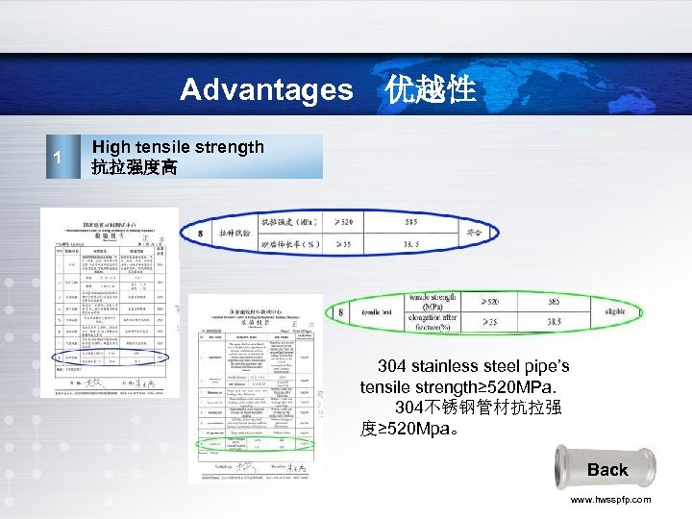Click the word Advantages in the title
coord(266,90)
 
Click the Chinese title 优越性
coord(431,90)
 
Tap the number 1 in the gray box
coord(58,158)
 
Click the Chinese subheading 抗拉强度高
coord(134,167)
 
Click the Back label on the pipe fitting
coord(606,470)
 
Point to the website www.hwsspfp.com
coord(610,500)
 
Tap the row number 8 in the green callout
coord(340,312)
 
